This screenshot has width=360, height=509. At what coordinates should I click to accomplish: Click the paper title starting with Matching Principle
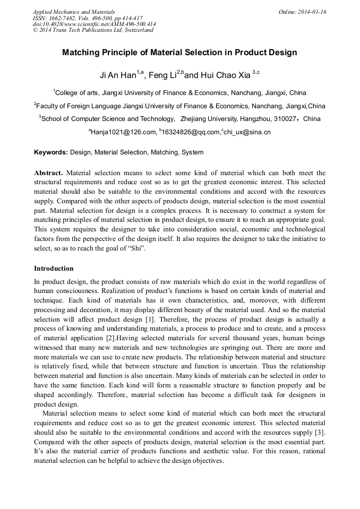click(x=179, y=53)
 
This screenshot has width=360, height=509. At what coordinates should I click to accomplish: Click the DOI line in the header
click(x=94, y=24)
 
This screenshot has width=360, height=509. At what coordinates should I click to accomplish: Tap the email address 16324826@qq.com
click(x=191, y=132)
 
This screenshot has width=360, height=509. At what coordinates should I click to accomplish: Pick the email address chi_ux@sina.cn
click(x=247, y=132)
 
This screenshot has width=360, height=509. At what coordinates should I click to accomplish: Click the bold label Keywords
click(x=51, y=153)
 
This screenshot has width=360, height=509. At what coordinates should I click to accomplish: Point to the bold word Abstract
click(x=48, y=173)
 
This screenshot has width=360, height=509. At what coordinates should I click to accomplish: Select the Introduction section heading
click(x=54, y=269)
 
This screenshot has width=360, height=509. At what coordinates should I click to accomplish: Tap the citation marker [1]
click(x=151, y=319)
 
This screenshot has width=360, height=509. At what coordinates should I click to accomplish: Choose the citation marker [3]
click(x=320, y=432)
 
